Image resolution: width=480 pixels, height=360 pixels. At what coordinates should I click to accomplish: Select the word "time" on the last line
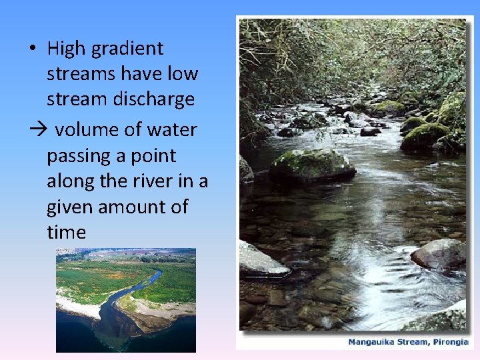point(66,232)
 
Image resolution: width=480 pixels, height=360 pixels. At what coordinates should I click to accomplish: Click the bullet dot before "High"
point(33,49)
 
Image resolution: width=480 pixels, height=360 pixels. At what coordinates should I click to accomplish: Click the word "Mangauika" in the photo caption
point(370,342)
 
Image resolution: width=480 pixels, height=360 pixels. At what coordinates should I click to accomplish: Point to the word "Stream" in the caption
point(411,342)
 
